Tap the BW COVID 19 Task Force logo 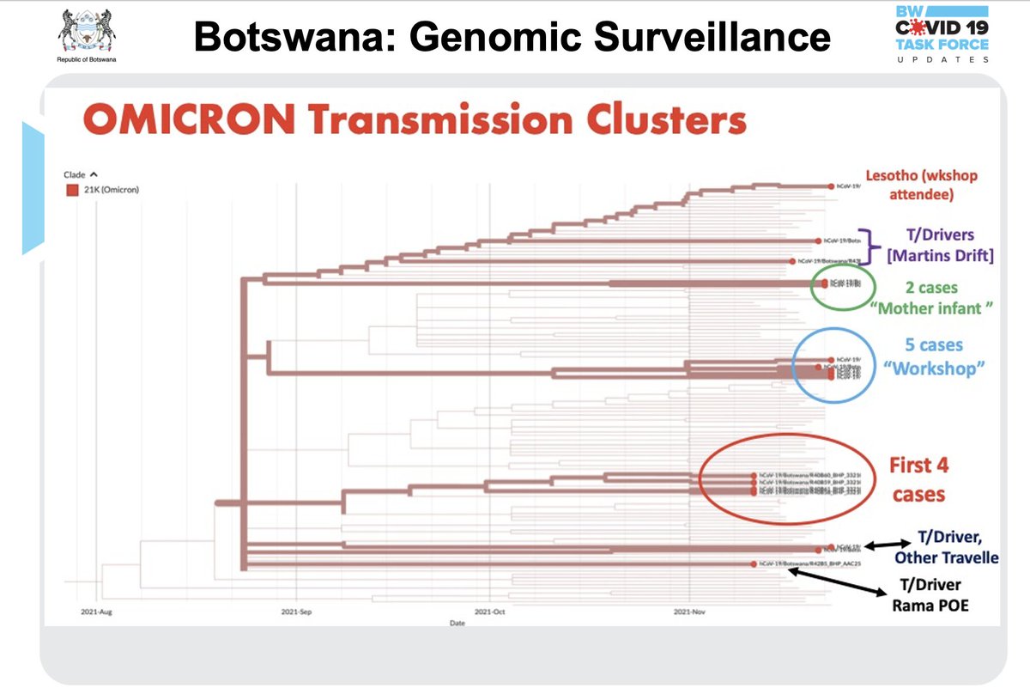tap(941, 35)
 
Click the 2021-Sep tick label tap(295, 614)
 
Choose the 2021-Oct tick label tap(488, 614)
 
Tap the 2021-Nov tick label tap(689, 614)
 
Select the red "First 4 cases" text tap(918, 480)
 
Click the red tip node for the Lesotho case tap(831, 186)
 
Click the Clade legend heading tap(75, 174)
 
